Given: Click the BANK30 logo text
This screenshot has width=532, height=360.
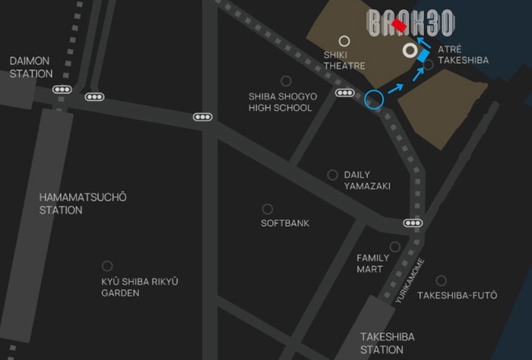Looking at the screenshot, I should [x=410, y=24].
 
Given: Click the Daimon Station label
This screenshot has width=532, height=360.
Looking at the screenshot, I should [x=30, y=67].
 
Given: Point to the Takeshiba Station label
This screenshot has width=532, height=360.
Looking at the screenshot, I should [x=382, y=343].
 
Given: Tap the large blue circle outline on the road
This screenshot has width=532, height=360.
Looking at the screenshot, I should [x=374, y=99].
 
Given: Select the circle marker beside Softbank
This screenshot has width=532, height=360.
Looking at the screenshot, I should [x=268, y=209].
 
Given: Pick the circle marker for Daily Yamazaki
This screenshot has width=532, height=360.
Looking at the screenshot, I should [x=332, y=175].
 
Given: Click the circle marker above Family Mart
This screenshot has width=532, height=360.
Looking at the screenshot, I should [x=394, y=246].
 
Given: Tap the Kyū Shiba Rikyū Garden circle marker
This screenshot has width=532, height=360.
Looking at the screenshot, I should [x=107, y=266].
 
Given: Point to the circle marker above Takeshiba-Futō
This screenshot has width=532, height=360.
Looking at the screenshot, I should [x=441, y=280].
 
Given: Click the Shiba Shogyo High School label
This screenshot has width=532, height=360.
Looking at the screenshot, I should [x=280, y=102].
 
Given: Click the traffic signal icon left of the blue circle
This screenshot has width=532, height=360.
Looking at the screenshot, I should [x=345, y=93].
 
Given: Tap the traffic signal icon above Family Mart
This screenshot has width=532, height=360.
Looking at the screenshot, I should [x=413, y=223].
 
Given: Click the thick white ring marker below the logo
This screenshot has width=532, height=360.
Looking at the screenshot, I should [x=410, y=52].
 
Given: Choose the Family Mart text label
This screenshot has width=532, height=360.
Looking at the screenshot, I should [x=372, y=263].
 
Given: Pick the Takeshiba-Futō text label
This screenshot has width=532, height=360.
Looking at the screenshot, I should [x=458, y=295].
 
